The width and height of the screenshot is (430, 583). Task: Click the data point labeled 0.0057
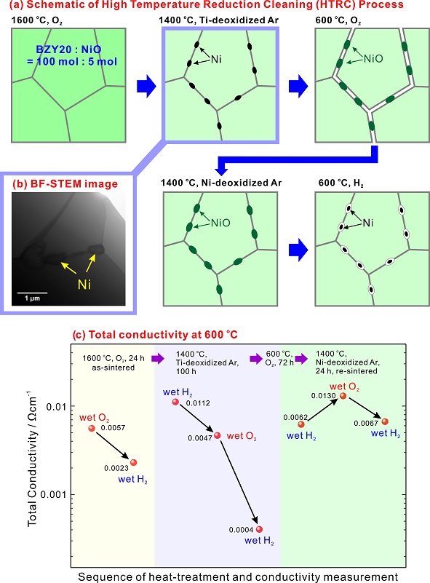92,428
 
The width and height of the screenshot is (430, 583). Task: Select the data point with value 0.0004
259,529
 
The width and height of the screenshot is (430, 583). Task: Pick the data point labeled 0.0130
343,396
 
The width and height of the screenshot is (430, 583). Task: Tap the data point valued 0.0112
175,402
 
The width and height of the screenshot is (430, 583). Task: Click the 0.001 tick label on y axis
54,494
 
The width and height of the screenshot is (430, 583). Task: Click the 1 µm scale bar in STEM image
32,293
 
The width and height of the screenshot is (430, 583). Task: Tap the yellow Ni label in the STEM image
84,285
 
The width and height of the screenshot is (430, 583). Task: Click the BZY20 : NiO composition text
72,55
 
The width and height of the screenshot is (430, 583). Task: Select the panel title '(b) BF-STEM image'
65,184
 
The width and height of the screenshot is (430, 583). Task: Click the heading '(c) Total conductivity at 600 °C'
155,335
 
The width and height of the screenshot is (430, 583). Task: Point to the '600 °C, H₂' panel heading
341,183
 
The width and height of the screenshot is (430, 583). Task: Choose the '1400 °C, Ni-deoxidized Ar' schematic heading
221,183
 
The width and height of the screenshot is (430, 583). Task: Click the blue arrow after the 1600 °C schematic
146,87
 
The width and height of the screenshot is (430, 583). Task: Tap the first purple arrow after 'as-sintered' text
157,359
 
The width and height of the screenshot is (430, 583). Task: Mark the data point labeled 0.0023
133,462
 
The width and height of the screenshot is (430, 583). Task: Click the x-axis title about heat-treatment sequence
238,576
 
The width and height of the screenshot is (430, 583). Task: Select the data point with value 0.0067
385,421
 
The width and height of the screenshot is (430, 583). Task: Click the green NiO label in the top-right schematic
373,58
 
